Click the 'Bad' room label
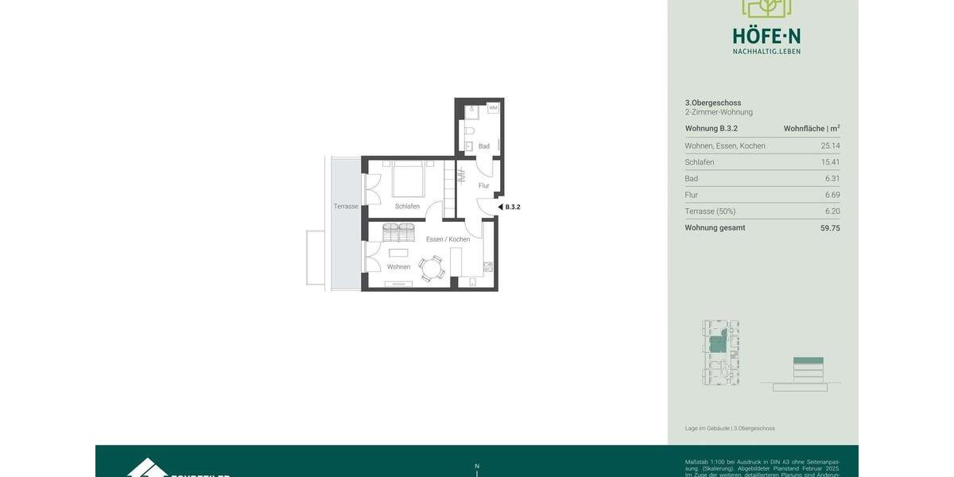pyautogui.click(x=483, y=146)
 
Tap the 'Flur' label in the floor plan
pyautogui.click(x=483, y=186)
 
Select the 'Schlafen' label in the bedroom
pyautogui.click(x=407, y=207)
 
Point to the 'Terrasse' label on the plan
pyautogui.click(x=346, y=207)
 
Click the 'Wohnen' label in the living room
pyautogui.click(x=398, y=267)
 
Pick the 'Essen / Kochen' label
pyautogui.click(x=448, y=239)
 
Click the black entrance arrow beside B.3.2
pyautogui.click(x=500, y=207)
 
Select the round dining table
pyautogui.click(x=432, y=268)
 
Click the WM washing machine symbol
pyautogui.click(x=493, y=108)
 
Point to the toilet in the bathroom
pyautogui.click(x=469, y=130)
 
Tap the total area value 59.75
pyautogui.click(x=830, y=228)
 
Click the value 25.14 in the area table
pyautogui.click(x=830, y=146)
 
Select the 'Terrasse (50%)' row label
pyautogui.click(x=710, y=211)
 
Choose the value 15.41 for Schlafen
pyautogui.click(x=830, y=162)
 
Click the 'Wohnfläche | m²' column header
pyautogui.click(x=811, y=129)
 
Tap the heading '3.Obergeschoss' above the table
pyautogui.click(x=713, y=103)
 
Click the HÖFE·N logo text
pyautogui.click(x=766, y=36)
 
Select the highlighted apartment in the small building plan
pyautogui.click(x=718, y=343)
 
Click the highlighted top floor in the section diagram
pyautogui.click(x=808, y=361)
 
